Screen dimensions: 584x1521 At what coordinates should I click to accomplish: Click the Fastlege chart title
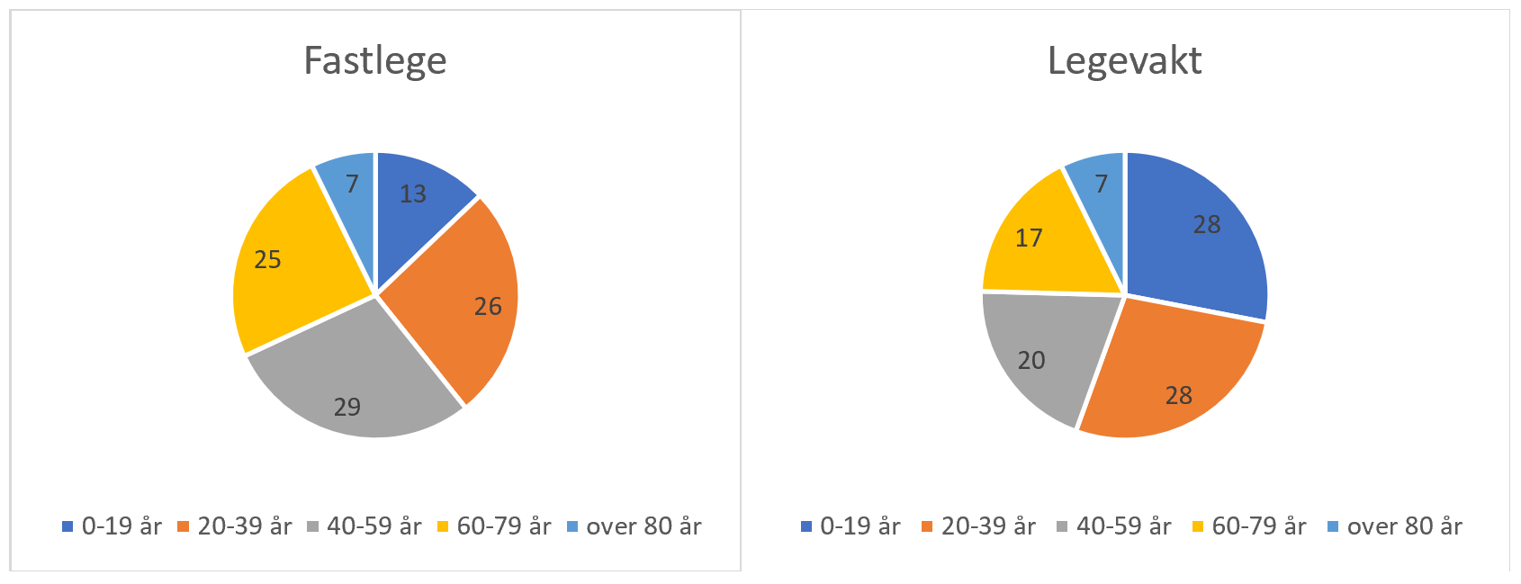[374, 61]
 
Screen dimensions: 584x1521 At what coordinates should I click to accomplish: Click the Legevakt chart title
[1124, 61]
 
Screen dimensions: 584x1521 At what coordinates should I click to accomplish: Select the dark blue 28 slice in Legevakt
[1197, 234]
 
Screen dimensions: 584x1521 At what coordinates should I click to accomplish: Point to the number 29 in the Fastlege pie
[347, 408]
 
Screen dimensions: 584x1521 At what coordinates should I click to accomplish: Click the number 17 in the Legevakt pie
[1029, 238]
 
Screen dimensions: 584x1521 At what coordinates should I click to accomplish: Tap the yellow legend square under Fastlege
[443, 526]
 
